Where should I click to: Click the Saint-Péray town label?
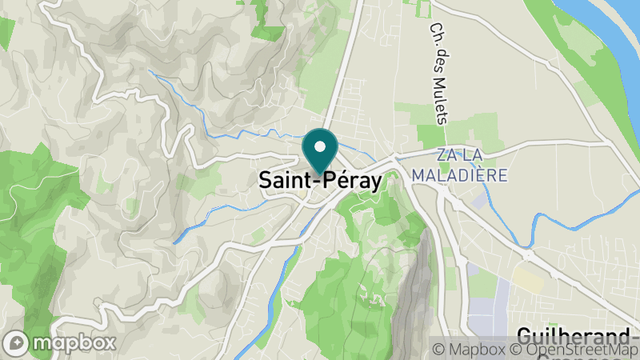(320, 182)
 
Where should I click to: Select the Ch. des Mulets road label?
(438, 73)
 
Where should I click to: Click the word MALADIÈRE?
(460, 174)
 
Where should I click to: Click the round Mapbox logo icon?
(18, 342)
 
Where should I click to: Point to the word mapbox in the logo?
(72, 343)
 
